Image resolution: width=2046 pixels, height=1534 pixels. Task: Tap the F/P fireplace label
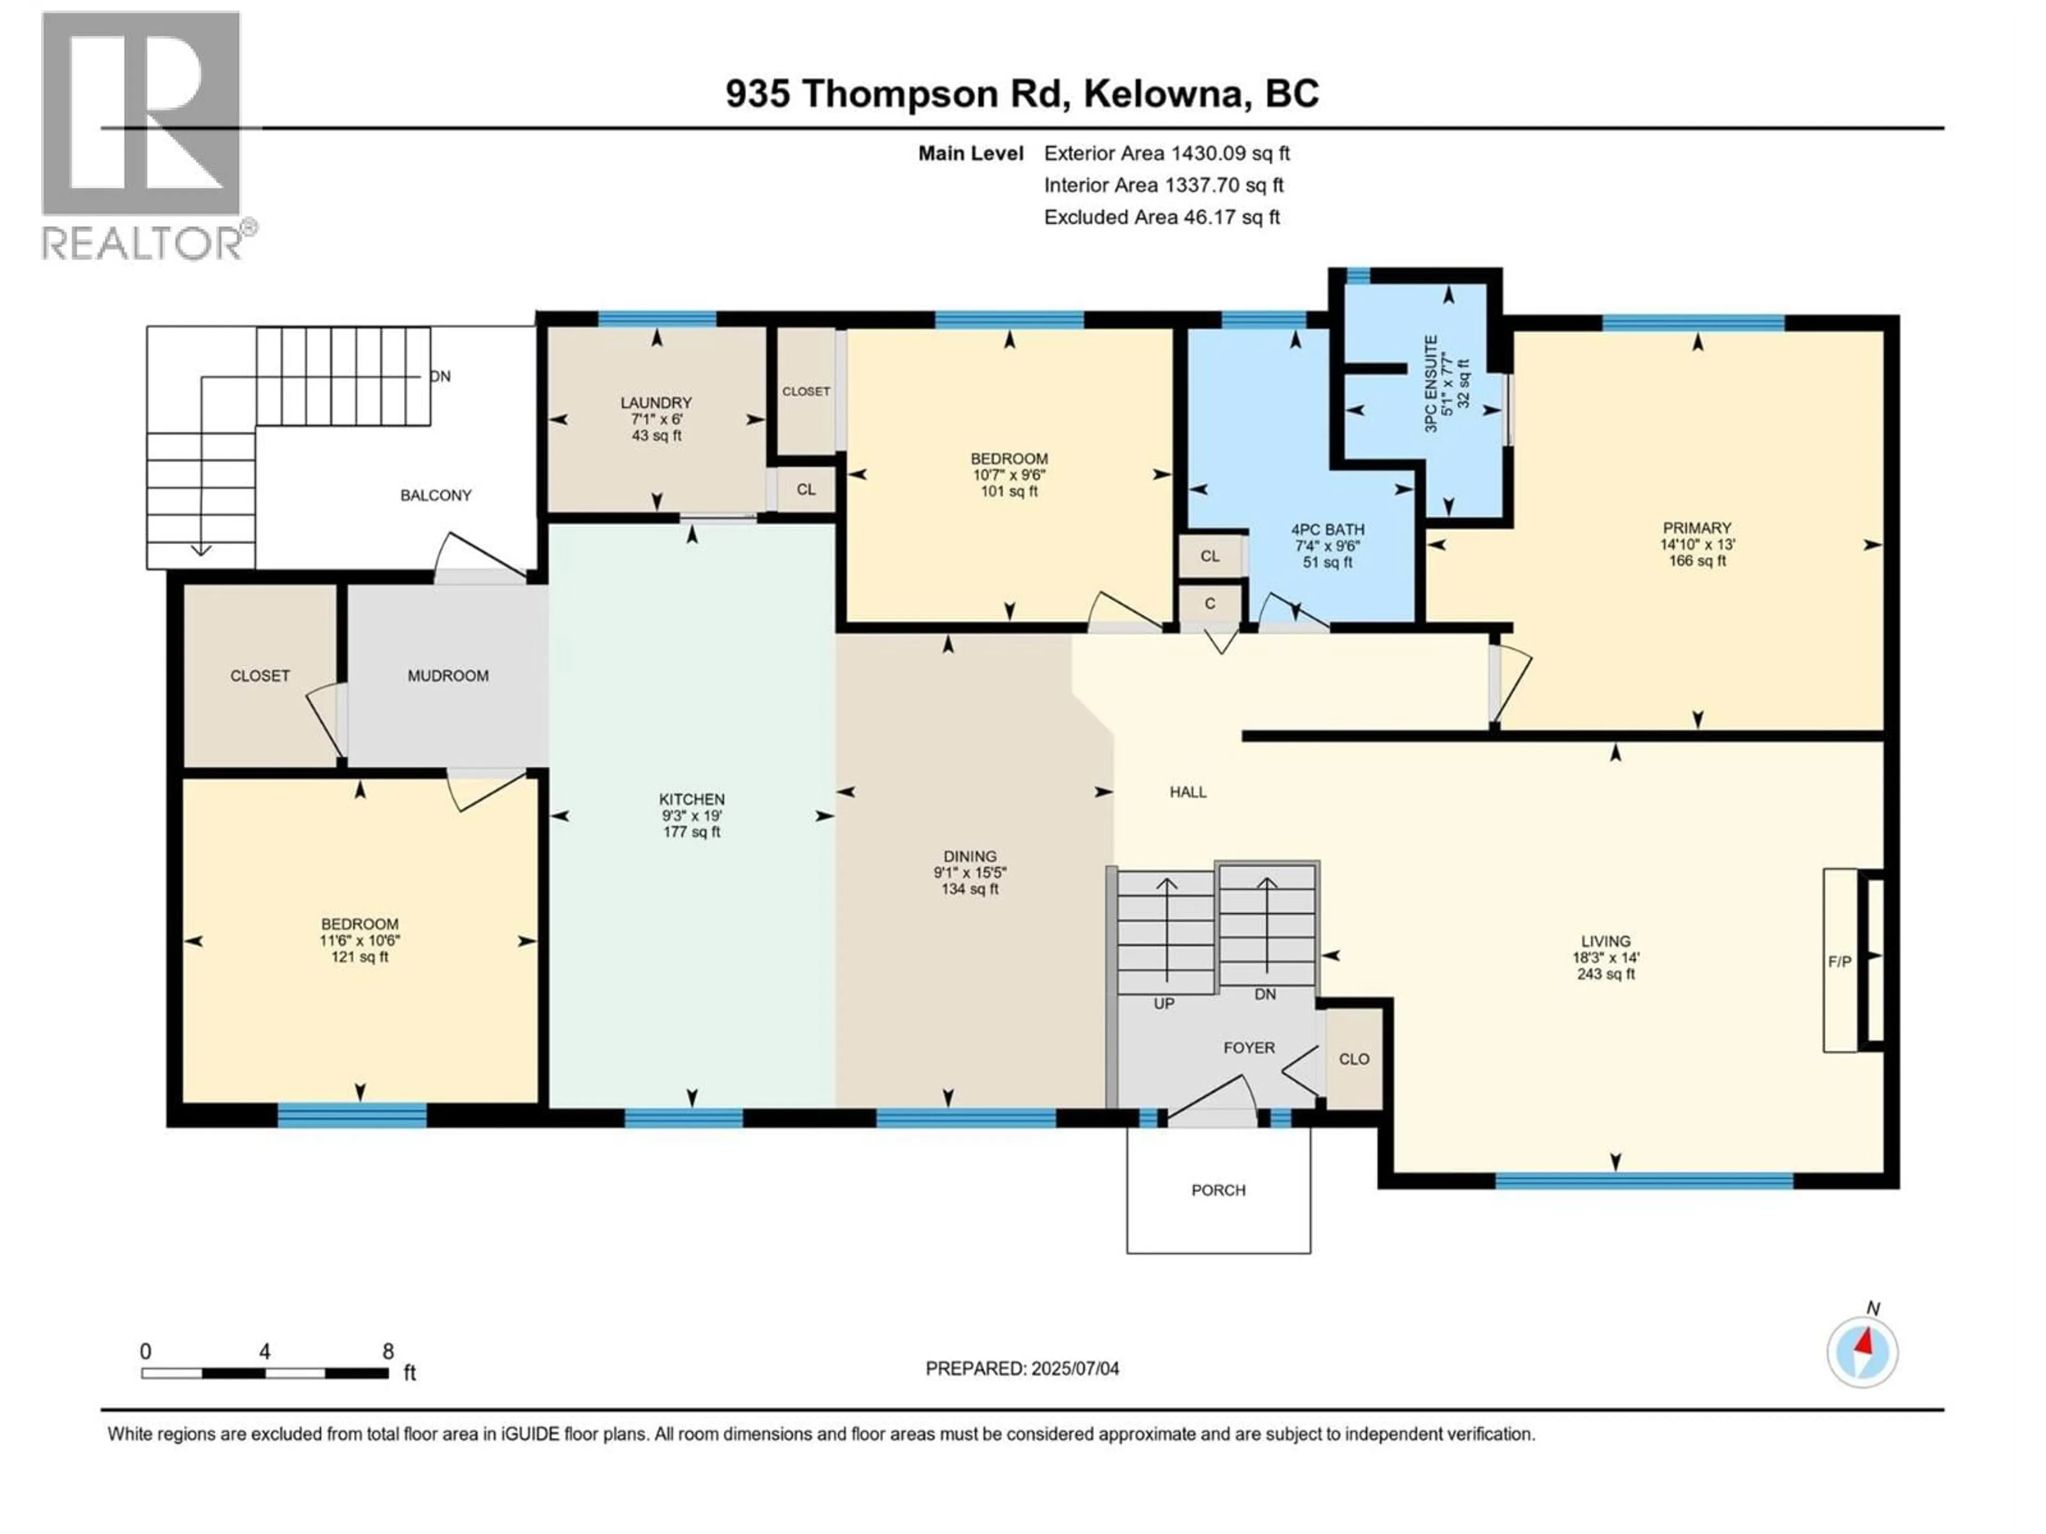1840,961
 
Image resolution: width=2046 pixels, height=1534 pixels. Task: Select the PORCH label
1218,1190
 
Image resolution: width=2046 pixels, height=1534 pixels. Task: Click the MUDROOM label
448,676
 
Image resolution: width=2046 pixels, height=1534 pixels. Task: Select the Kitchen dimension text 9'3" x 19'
692,815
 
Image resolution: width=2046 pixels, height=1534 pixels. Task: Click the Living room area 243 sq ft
1606,974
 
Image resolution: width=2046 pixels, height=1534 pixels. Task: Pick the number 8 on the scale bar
387,1351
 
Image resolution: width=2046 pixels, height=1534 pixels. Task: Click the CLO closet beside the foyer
1354,1059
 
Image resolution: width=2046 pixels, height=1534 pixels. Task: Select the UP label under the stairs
1164,1003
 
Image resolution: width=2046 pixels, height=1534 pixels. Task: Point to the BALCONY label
436,495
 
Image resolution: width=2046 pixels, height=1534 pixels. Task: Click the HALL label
1188,793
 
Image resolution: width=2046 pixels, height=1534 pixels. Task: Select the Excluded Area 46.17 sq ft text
1162,217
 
